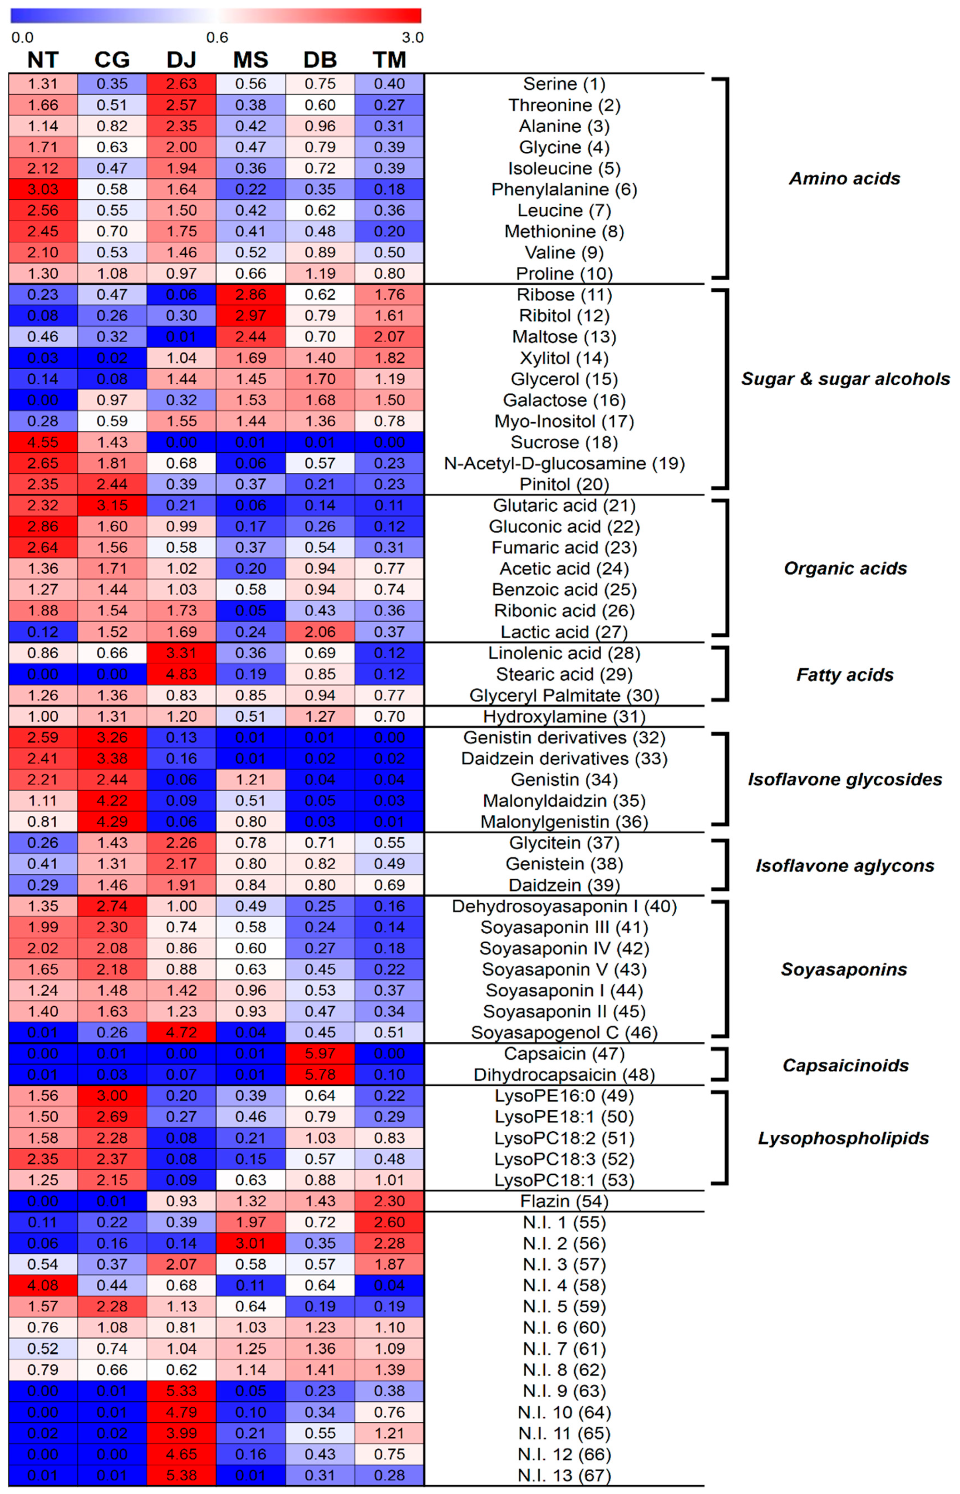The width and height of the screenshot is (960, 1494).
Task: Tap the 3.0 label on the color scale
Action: (x=412, y=38)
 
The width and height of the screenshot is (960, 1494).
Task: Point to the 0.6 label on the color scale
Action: (x=217, y=38)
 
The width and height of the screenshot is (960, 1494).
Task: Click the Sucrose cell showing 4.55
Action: (x=43, y=442)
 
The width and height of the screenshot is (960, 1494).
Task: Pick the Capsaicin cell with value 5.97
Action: (x=320, y=1053)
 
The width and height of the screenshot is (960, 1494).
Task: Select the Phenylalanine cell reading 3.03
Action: (x=43, y=190)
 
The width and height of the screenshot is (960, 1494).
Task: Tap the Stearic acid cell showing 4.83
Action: (x=181, y=674)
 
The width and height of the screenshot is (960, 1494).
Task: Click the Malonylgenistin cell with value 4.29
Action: (x=112, y=822)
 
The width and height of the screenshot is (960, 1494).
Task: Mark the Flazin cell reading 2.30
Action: (x=389, y=1201)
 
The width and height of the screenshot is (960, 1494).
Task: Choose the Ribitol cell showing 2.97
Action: (x=251, y=315)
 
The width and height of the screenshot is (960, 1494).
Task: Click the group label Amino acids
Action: (x=845, y=178)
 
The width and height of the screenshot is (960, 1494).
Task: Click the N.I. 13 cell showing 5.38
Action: (x=181, y=1475)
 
